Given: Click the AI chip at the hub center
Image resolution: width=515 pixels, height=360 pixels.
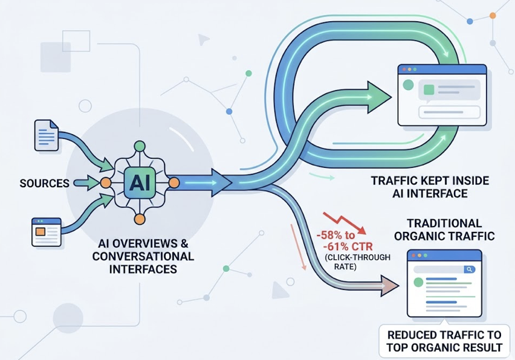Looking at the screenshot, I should point(140,182).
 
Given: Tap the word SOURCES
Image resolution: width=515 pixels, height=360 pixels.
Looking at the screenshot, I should point(44,183).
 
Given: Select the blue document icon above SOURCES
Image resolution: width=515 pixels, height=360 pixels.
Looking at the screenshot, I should point(45,134).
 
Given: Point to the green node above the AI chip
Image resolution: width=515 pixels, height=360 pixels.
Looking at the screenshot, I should point(140,146).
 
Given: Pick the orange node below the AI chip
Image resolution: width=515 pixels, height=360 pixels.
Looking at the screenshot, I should point(140,219).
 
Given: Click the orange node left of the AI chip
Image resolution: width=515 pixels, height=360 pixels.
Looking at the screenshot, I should point(105,182).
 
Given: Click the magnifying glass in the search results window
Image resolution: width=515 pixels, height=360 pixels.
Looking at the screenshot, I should point(468,269).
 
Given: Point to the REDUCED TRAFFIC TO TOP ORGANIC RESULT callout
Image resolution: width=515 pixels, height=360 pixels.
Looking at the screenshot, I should point(444,341).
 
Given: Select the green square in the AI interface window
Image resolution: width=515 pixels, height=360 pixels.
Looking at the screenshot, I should point(429,89).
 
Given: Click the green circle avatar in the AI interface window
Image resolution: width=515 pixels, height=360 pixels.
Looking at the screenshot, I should point(409,85).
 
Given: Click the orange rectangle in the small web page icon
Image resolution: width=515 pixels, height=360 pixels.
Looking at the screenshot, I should point(40,231).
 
